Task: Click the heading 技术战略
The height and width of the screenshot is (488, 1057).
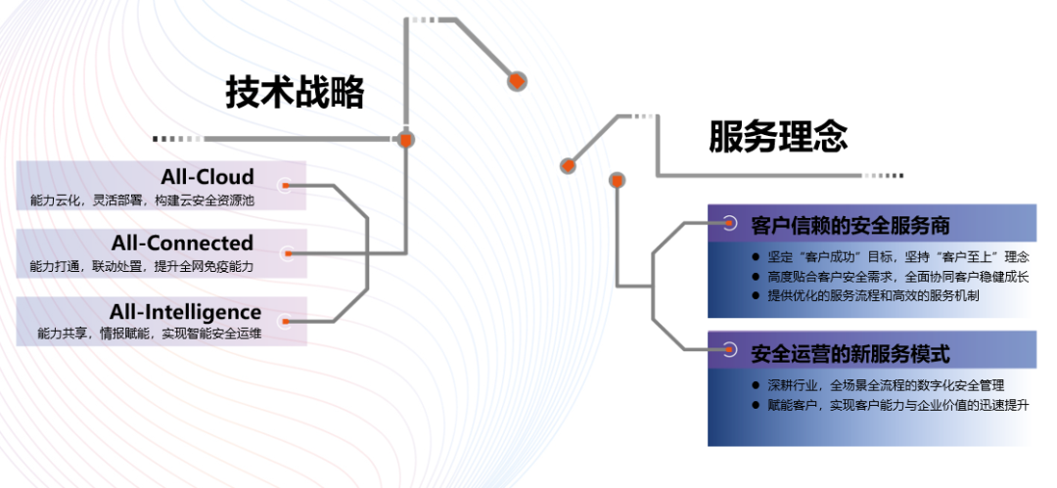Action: (295, 93)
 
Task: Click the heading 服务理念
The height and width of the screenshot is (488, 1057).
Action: (778, 137)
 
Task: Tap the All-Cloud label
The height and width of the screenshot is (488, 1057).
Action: (207, 177)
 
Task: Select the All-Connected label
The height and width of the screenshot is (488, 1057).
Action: (196, 243)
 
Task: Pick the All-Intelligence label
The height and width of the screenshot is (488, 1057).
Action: (185, 312)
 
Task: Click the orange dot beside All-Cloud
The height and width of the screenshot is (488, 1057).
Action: (286, 184)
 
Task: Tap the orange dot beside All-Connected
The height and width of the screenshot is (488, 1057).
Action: (287, 254)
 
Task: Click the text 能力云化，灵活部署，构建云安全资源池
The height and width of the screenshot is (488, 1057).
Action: (142, 200)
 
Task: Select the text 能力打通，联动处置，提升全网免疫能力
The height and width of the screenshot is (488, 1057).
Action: (142, 266)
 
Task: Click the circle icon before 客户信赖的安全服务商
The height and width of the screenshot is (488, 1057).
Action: (728, 222)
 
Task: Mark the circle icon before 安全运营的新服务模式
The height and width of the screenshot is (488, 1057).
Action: (728, 349)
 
